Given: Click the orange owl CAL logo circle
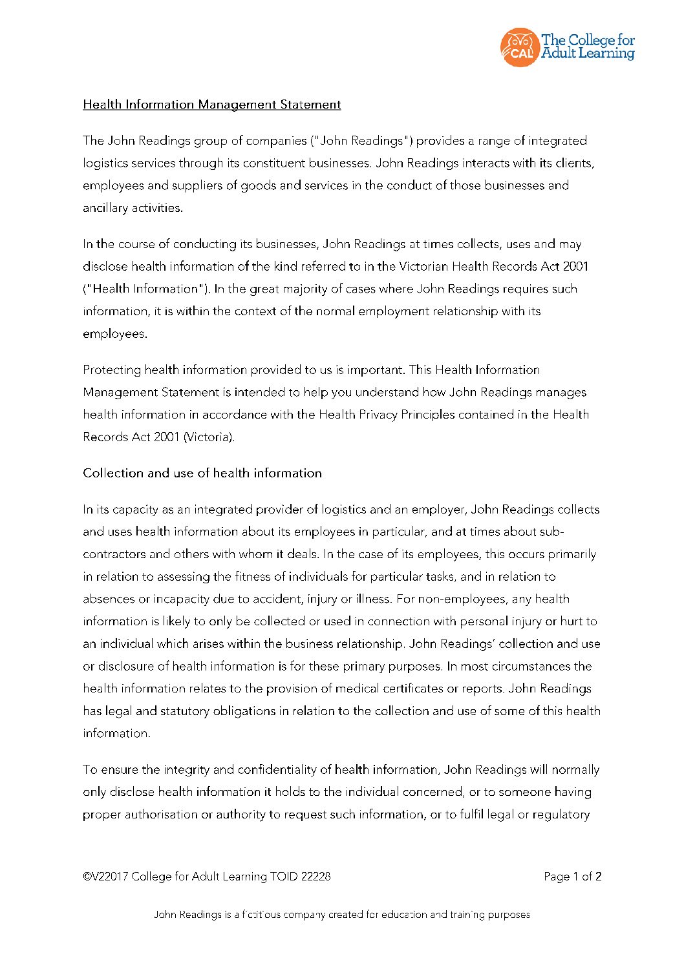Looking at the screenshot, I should tap(518, 47).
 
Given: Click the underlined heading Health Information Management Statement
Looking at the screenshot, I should tap(211, 105).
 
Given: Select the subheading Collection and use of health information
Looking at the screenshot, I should tap(202, 473).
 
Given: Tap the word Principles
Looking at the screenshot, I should tap(428, 415).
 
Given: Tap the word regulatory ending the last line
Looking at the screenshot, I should tap(559, 815).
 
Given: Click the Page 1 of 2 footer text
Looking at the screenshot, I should tap(572, 877).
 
